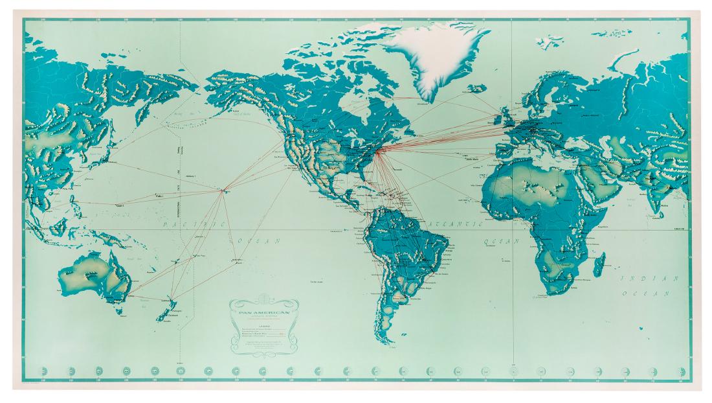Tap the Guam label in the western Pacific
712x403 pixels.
click(120, 205)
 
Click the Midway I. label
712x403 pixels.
click(192, 176)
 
